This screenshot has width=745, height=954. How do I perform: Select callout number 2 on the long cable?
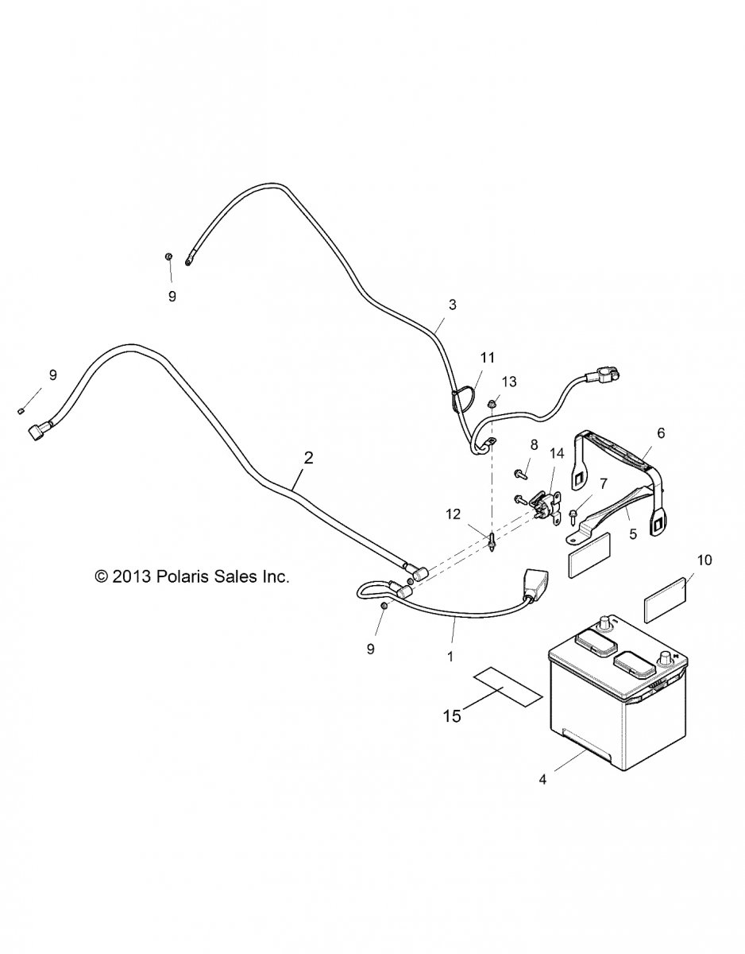click(x=308, y=457)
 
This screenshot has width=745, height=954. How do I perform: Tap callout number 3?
click(x=452, y=304)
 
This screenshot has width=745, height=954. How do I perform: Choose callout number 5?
click(x=633, y=535)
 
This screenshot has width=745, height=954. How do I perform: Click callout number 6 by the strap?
click(x=661, y=433)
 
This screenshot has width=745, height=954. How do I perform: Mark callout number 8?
click(x=534, y=444)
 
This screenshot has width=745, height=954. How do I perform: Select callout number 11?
click(x=487, y=357)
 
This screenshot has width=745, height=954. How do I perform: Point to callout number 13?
click(x=508, y=382)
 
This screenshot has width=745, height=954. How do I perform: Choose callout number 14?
click(x=556, y=454)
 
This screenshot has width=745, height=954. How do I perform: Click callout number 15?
click(x=451, y=716)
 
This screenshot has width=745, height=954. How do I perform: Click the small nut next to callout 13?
click(x=492, y=405)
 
